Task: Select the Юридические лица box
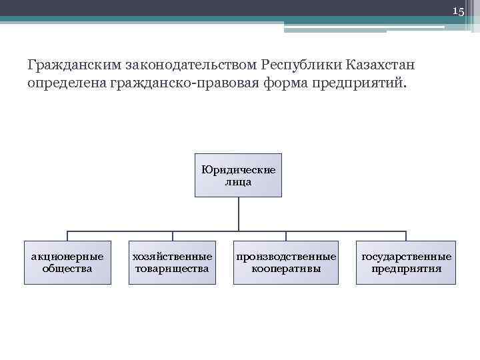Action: (x=238, y=175)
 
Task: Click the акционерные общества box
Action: (x=67, y=263)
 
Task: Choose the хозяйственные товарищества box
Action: (x=172, y=263)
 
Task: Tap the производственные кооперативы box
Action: (x=285, y=263)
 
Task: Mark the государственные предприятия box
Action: (x=405, y=263)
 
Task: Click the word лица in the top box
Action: (x=238, y=182)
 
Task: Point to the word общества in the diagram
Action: (x=67, y=269)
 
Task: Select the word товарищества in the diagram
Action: (x=172, y=269)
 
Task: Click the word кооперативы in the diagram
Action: (x=285, y=269)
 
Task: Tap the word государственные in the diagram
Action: (x=406, y=257)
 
